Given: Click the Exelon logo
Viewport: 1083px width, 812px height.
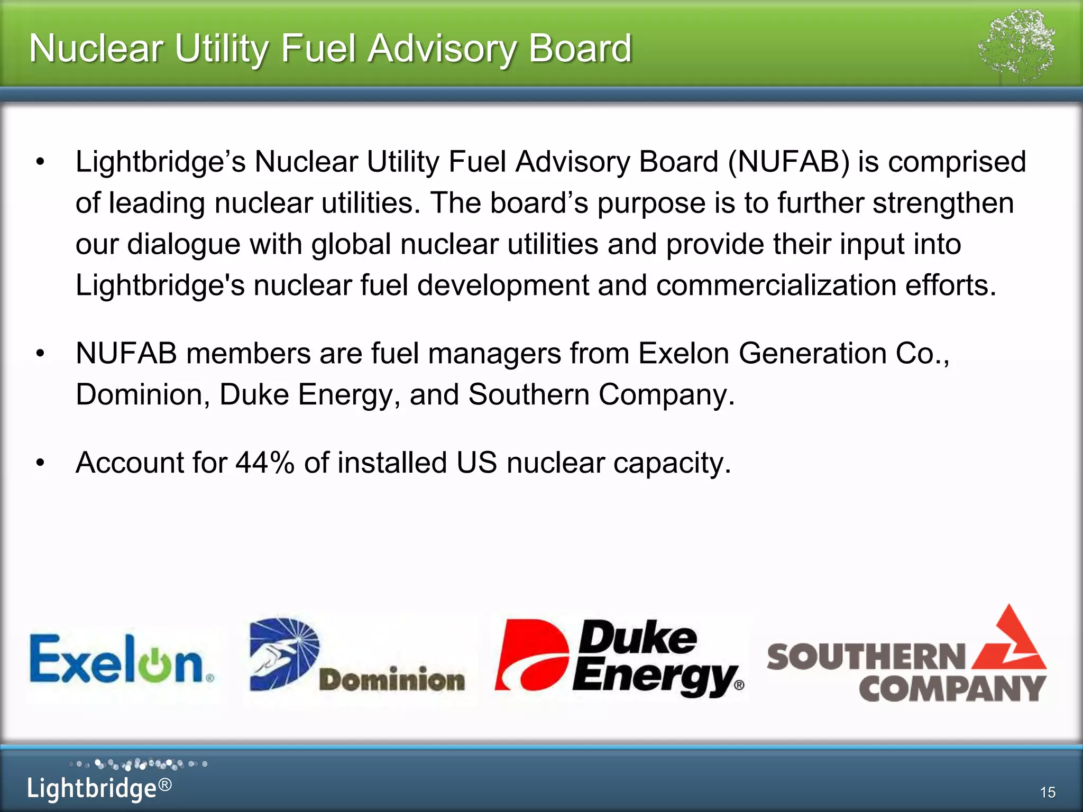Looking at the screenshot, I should click(x=122, y=660).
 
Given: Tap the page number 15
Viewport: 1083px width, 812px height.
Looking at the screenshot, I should click(x=1048, y=792).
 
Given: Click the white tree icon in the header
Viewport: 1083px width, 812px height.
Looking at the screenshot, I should click(x=1016, y=45).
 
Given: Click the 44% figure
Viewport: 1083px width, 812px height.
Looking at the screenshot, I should click(x=264, y=463).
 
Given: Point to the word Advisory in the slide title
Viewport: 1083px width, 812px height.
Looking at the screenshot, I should click(x=440, y=49).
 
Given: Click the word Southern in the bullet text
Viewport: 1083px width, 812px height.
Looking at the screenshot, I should click(x=528, y=394).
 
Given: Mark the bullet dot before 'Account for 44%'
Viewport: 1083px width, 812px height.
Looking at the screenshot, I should click(x=41, y=463).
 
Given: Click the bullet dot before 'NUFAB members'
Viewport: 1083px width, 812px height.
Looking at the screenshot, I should click(x=41, y=354).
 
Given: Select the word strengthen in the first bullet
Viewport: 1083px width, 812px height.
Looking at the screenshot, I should click(x=943, y=203).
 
